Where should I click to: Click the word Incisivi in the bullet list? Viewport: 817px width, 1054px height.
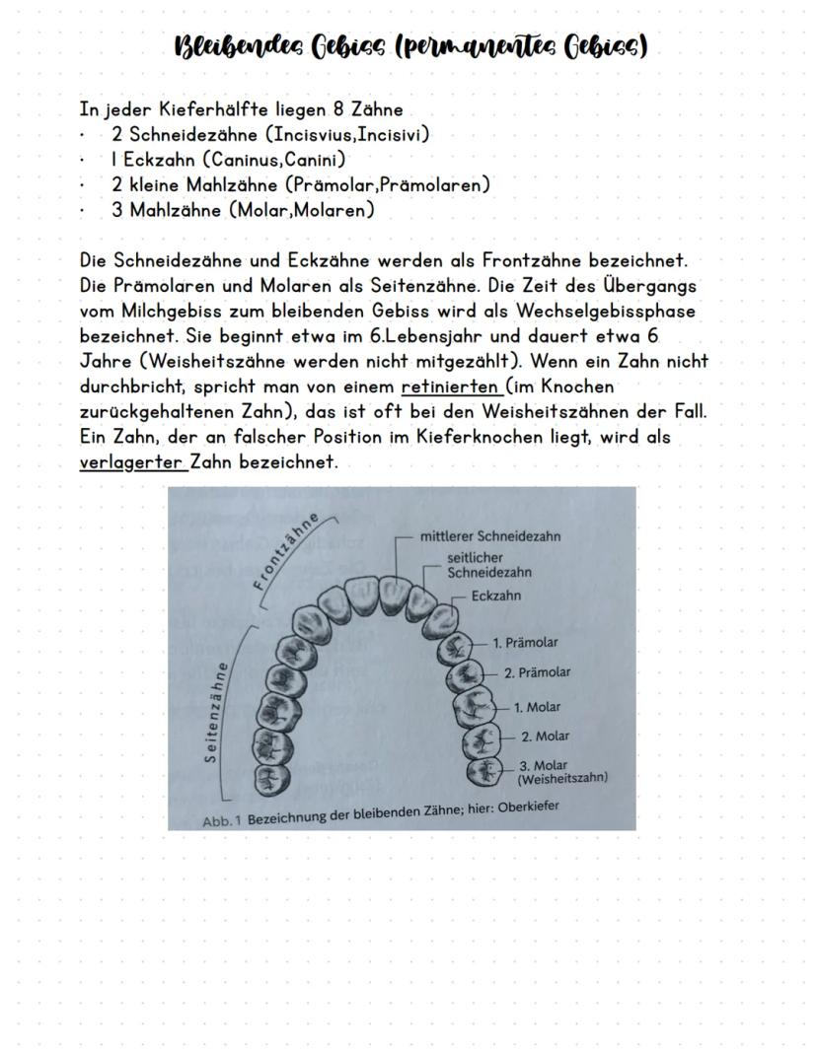[x=393, y=134]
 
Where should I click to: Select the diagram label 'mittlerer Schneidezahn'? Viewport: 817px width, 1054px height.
[x=490, y=537]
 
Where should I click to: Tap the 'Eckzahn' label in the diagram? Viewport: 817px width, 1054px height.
[x=496, y=597]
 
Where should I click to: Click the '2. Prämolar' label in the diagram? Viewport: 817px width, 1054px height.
[x=537, y=673]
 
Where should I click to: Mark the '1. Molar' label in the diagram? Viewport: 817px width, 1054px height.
[x=537, y=707]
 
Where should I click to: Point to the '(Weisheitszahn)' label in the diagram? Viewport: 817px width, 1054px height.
[x=561, y=778]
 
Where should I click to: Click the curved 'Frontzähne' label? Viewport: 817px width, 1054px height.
[x=288, y=552]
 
